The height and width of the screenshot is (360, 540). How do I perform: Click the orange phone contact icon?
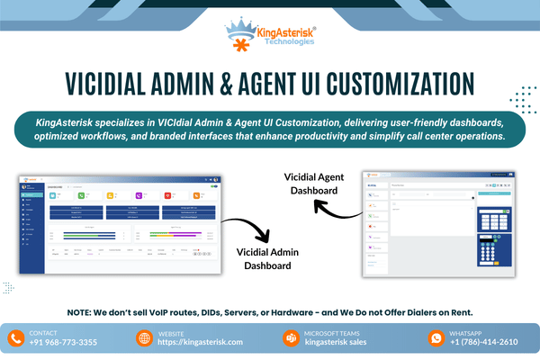coord(15,338)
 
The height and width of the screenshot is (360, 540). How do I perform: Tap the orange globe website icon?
coord(144,338)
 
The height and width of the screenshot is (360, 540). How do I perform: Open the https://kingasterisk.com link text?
coord(201,343)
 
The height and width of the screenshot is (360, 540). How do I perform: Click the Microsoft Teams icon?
coord(291,338)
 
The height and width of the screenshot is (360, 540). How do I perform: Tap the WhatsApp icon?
coord(436,338)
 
